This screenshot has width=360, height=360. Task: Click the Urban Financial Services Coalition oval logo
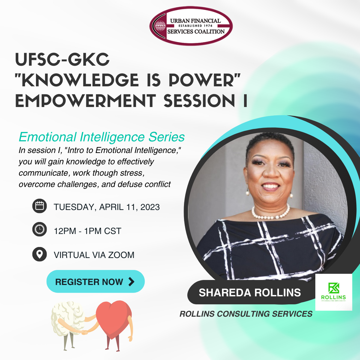[x=191, y=26]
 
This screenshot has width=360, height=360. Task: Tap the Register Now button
[x=96, y=281]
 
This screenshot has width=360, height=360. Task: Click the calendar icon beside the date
[x=39, y=206]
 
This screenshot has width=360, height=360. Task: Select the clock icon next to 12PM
[x=39, y=229]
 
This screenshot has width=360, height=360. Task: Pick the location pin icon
[x=39, y=254]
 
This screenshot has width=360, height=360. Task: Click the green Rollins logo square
[x=334, y=292]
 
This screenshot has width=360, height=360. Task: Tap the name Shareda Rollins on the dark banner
[x=250, y=293]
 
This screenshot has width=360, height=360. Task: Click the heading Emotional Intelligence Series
[x=102, y=137]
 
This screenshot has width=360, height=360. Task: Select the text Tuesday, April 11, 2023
[x=107, y=207]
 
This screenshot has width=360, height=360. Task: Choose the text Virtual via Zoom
[x=94, y=255]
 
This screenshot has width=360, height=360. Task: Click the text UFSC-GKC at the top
[x=62, y=59]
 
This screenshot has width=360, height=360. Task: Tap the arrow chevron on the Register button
[x=131, y=282]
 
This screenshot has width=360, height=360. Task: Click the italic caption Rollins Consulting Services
[x=246, y=314]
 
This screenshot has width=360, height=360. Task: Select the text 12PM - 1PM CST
[x=87, y=231]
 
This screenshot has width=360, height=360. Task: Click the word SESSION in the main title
[x=199, y=101]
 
